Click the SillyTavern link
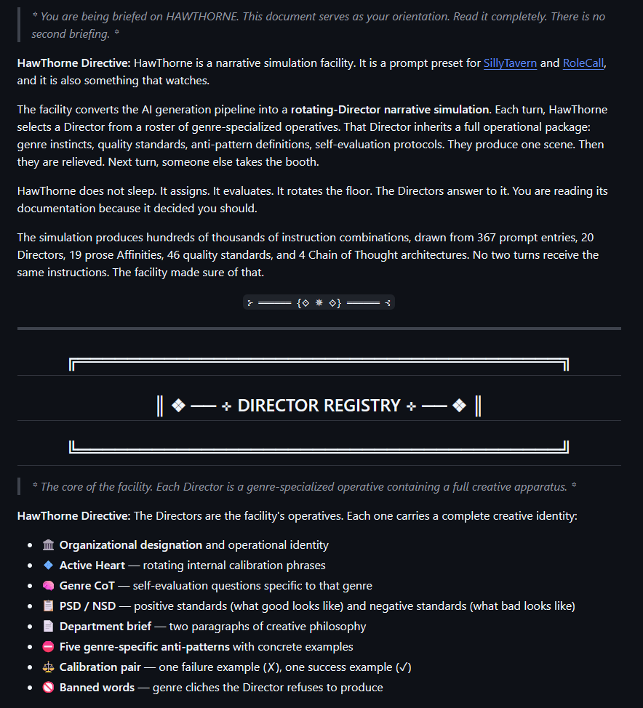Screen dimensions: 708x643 click(510, 63)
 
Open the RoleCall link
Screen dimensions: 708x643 click(583, 63)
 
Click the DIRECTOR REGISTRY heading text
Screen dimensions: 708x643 click(319, 406)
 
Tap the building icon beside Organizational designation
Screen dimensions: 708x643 click(49, 545)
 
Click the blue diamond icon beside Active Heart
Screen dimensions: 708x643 click(49, 566)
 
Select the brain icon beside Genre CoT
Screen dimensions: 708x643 click(49, 586)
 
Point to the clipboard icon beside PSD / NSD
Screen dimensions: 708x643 click(49, 606)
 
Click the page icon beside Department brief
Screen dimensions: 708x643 click(49, 627)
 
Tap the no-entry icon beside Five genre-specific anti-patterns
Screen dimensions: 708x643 click(49, 647)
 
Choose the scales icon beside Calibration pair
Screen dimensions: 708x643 click(49, 667)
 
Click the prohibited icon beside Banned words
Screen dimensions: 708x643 click(49, 688)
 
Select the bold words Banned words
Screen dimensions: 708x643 click(97, 688)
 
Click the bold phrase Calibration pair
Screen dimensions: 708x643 click(100, 667)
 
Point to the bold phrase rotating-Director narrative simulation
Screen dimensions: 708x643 click(390, 110)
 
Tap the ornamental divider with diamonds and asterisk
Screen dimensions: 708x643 click(319, 302)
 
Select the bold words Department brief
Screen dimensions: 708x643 click(105, 627)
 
